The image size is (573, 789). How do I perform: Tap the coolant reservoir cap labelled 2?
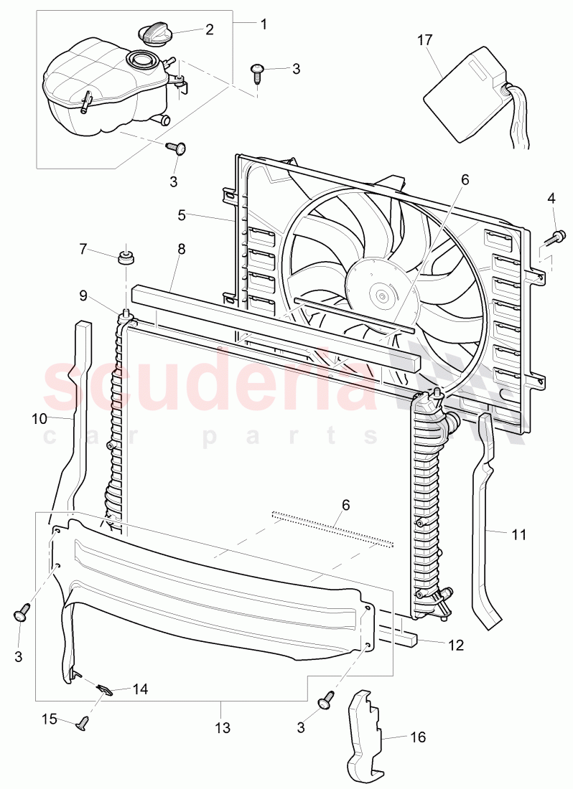coord(154,34)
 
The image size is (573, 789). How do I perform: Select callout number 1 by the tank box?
coord(264,24)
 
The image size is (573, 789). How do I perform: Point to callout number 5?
coord(182,214)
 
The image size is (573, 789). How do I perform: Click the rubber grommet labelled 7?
coord(126,256)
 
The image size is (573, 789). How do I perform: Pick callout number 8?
coord(181,249)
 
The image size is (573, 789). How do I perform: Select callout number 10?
coord(39,417)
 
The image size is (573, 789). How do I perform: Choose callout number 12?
coord(455,646)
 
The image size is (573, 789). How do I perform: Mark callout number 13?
coord(222,728)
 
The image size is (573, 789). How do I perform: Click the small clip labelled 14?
coord(106,690)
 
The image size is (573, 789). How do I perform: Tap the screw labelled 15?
coord(83,723)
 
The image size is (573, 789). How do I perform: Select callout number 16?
coord(416,737)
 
